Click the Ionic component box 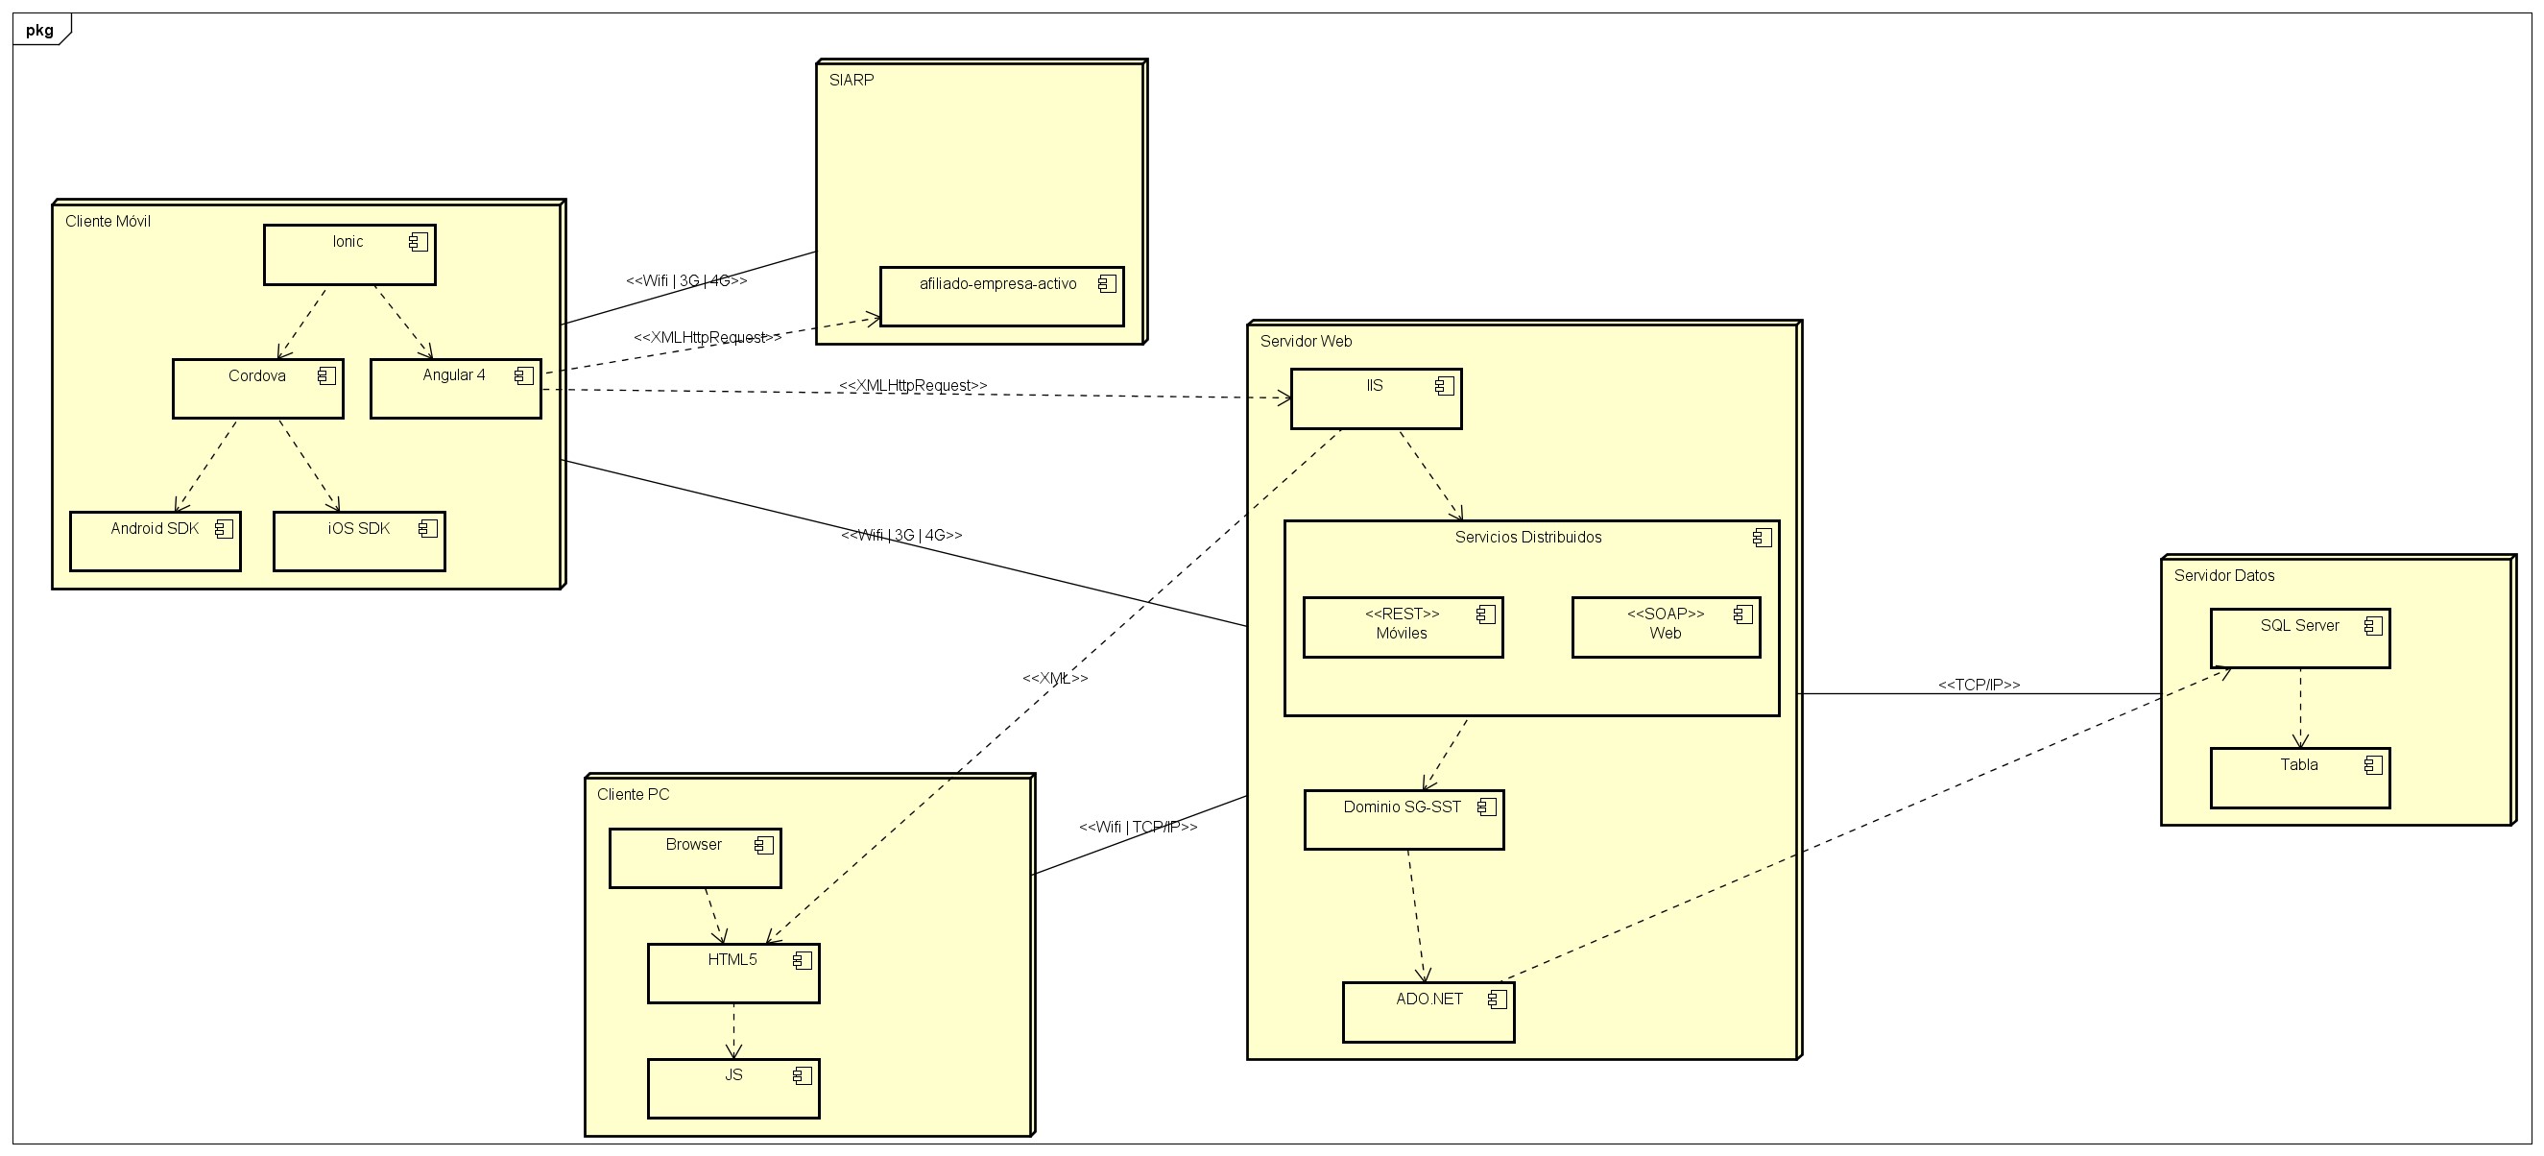[x=348, y=254]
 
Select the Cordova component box [x=256, y=388]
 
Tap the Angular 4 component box [x=454, y=388]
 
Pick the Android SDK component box [x=156, y=541]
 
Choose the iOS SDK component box [x=358, y=541]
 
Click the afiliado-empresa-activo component [x=1000, y=296]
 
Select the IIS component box [x=1375, y=398]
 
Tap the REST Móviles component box [x=1402, y=626]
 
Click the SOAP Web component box [x=1665, y=626]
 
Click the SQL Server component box [x=2299, y=638]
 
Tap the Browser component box [x=694, y=857]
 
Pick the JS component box [x=732, y=1088]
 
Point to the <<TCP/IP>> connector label [x=1979, y=685]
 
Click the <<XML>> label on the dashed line [x=1055, y=678]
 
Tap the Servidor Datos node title [x=2224, y=575]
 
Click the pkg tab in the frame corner [x=39, y=30]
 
